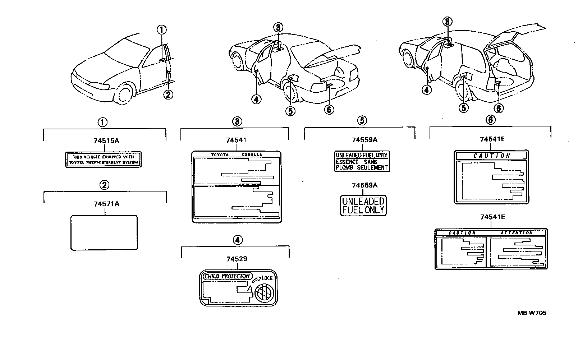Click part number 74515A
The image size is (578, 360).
[x=106, y=141]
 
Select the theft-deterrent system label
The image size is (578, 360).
[x=103, y=160]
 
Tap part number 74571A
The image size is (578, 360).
[x=106, y=204]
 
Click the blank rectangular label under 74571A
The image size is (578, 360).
[x=104, y=232]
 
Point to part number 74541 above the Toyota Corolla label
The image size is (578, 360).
[x=236, y=140]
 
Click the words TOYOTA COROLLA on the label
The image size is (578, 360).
[x=236, y=155]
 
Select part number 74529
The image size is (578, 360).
[x=237, y=259]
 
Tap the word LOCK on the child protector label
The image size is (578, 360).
[x=267, y=278]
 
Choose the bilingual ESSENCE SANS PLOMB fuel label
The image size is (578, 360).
[x=362, y=161]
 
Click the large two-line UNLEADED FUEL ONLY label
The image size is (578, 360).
[x=363, y=206]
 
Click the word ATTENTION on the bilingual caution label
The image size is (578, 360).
[x=517, y=233]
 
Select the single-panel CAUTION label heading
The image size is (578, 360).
[x=491, y=156]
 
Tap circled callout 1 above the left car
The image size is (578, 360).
[x=162, y=30]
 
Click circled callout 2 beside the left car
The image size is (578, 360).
[x=168, y=94]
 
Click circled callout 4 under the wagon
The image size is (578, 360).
[x=427, y=89]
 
